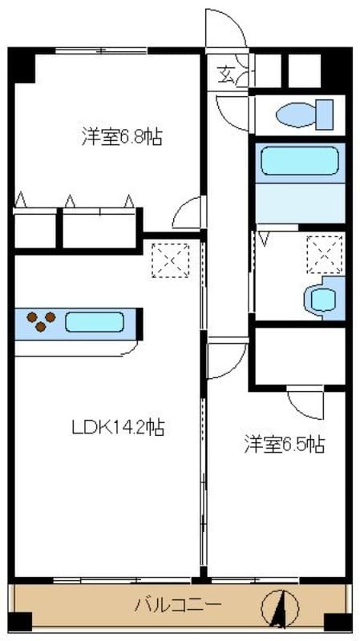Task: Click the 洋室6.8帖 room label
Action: (122, 137)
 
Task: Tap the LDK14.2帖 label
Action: (118, 428)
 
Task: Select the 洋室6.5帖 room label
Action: (285, 445)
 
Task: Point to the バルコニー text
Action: (178, 604)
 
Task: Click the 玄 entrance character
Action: (225, 75)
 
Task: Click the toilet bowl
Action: (295, 115)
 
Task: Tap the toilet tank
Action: (325, 115)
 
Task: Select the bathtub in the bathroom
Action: (300, 161)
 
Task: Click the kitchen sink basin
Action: (95, 322)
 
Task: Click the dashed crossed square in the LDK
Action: (171, 261)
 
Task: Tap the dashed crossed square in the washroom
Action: (325, 254)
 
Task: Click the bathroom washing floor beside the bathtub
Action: (301, 203)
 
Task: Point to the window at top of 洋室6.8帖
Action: (102, 50)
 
